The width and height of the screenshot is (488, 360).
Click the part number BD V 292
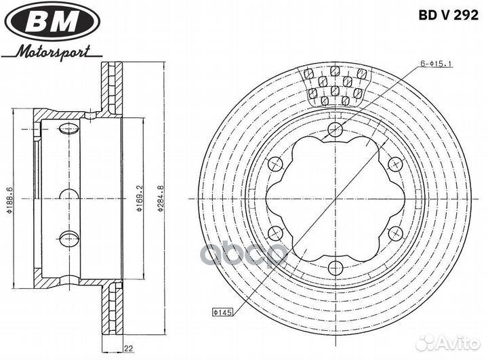[448, 15]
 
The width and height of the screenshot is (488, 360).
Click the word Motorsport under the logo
[54, 52]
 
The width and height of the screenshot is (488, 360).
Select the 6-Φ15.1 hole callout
[436, 64]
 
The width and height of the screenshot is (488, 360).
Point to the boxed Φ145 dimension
[222, 312]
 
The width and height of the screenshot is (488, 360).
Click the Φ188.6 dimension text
[9, 200]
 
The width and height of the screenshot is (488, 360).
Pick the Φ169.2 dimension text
[140, 199]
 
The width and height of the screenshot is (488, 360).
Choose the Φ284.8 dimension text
[160, 199]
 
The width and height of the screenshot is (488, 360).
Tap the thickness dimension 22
[129, 348]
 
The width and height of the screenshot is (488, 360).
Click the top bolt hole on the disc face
[335, 129]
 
